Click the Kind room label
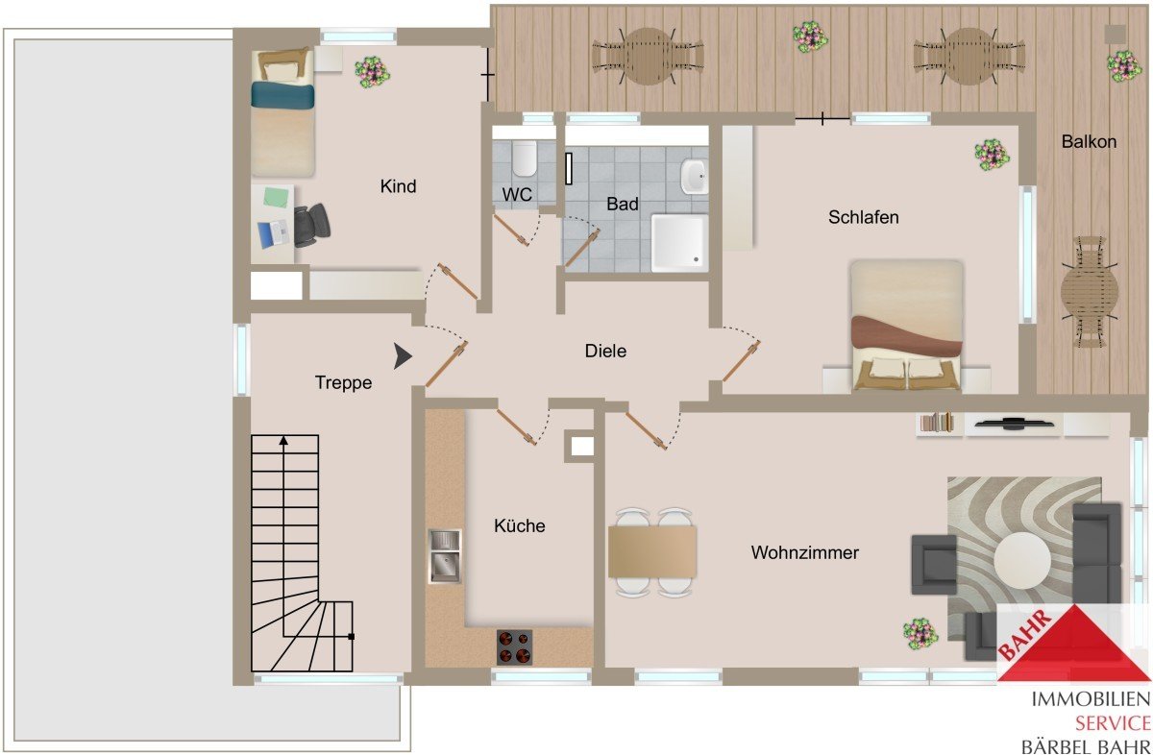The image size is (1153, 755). tap(398, 185)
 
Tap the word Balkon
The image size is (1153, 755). tap(1089, 141)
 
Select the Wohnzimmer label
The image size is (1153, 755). tap(804, 552)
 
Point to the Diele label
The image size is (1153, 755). tap(605, 351)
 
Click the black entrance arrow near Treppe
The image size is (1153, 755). tap(403, 356)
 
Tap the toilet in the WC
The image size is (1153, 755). tap(524, 158)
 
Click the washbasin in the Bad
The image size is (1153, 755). tap(695, 177)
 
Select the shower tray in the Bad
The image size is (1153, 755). tap(679, 243)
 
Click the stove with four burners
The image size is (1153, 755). tap(514, 646)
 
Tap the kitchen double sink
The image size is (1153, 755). tap(445, 556)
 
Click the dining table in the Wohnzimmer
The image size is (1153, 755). tap(652, 551)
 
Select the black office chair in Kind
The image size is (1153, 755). tap(312, 226)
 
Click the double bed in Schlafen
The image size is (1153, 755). tap(907, 326)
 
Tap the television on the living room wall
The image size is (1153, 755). tap(1014, 424)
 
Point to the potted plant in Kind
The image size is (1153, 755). tap(372, 72)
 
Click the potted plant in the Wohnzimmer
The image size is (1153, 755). tap(920, 634)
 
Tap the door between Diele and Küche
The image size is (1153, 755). tap(516, 426)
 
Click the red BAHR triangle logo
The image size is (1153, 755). tap(1074, 643)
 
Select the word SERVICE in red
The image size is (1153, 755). tap(1113, 723)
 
